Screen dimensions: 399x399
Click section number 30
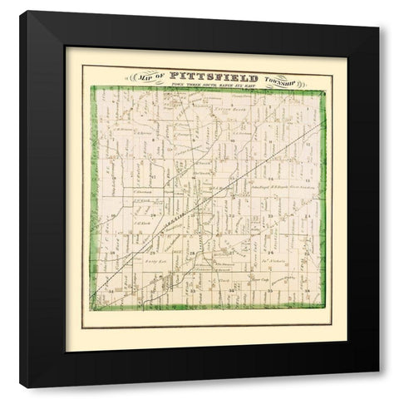click(x=108, y=248)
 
